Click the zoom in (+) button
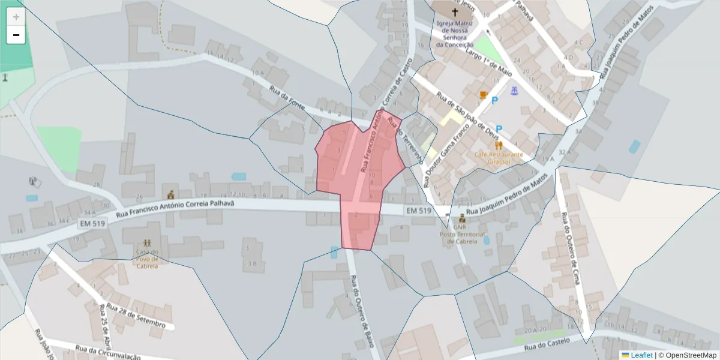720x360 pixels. [x=16, y=17]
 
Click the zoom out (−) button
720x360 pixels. [x=16, y=35]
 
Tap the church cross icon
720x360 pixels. [x=454, y=12]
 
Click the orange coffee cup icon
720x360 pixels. [x=483, y=95]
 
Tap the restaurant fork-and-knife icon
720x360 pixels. [x=498, y=145]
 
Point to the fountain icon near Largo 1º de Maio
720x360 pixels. [x=514, y=91]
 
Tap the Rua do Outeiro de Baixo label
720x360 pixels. [x=362, y=310]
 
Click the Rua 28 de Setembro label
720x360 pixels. [x=135, y=315]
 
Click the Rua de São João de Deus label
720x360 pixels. [x=467, y=114]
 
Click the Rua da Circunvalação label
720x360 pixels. [x=108, y=352]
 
